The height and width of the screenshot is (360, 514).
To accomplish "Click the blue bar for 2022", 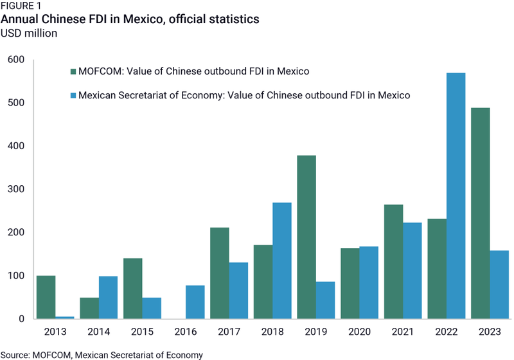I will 456,196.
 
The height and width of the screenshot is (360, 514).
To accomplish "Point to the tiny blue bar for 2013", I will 64,318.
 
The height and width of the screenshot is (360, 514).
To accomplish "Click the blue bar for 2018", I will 282,261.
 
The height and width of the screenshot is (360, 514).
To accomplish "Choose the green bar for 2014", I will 89,308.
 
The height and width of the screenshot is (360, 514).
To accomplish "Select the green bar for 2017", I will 219,273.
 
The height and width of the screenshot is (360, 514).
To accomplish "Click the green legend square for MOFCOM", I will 73,71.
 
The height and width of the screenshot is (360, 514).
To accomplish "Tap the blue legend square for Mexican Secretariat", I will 73,95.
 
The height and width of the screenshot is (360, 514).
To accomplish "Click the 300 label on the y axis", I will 16,190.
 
